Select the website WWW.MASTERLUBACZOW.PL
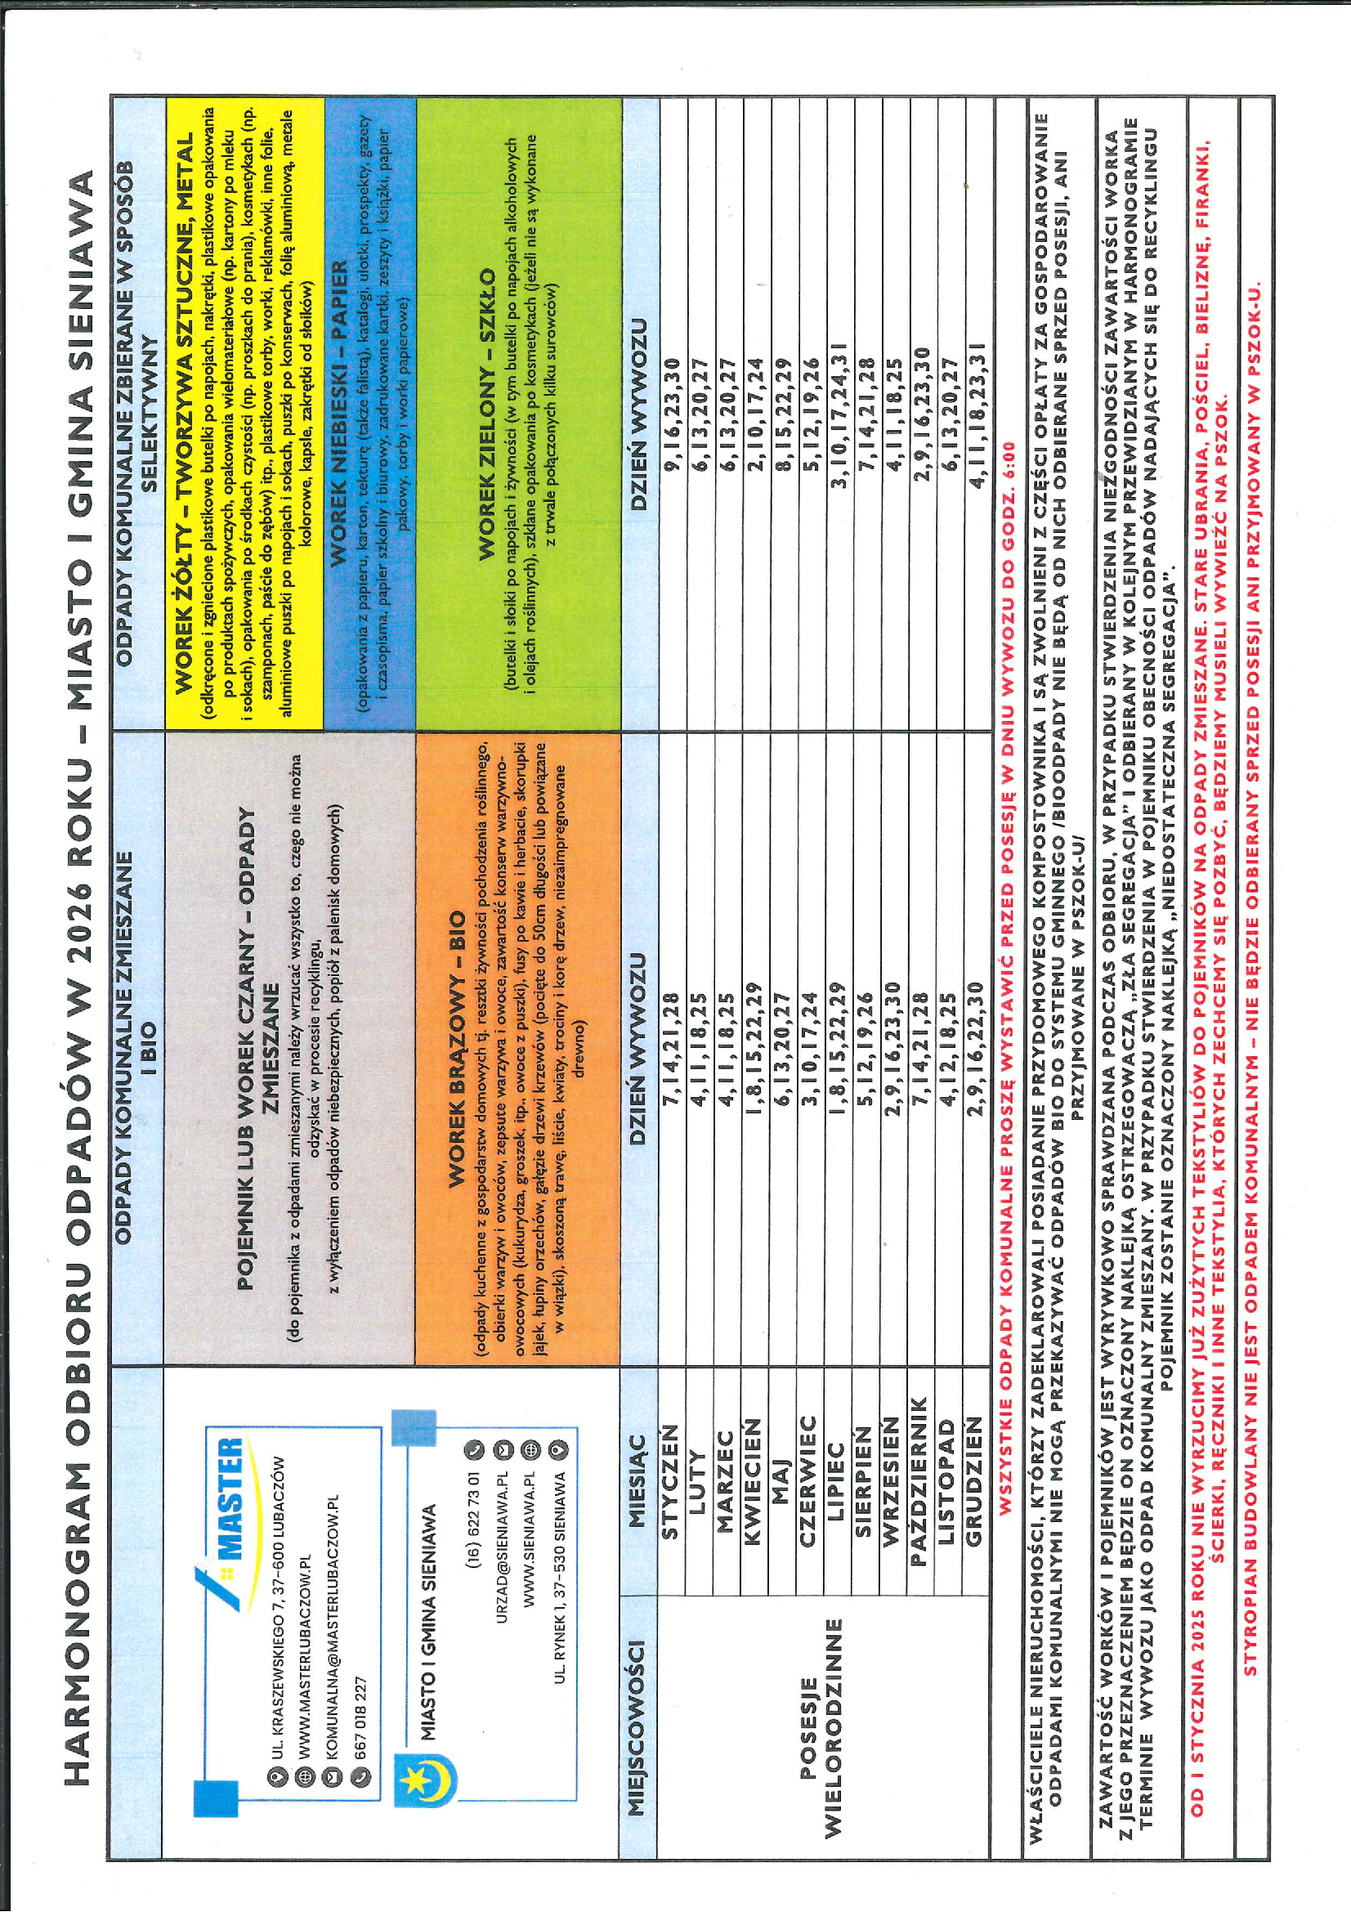coord(303,1674)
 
